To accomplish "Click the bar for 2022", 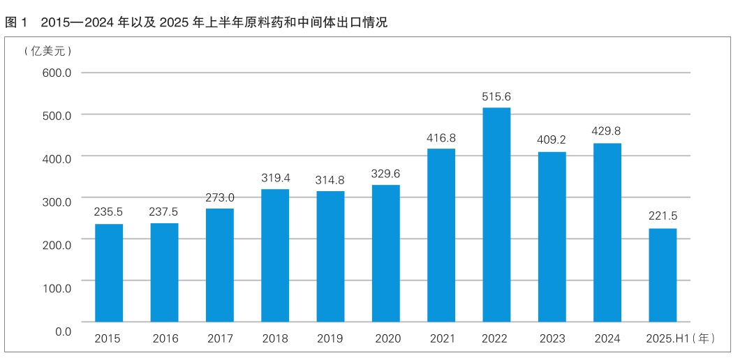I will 496,214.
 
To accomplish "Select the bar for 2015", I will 109,272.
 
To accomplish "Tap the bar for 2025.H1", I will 663,275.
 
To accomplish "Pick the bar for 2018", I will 275,255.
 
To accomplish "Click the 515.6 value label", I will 496,97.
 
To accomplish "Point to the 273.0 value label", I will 220,197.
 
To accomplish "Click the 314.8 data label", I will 330,181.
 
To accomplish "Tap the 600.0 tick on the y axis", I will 57,73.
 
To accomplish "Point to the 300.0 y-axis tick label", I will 57,202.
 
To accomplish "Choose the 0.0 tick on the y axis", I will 63,331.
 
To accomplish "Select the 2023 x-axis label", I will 552,338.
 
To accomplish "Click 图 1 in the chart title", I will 16,22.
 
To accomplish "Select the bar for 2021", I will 441,235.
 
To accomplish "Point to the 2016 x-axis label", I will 164,338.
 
